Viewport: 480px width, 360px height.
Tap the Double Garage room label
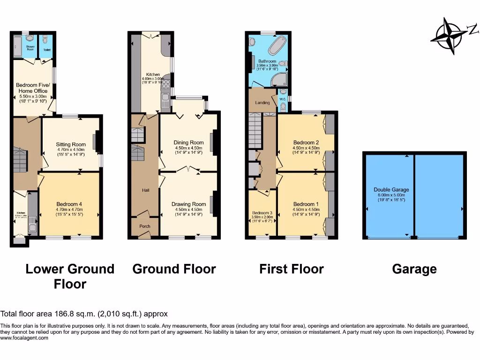(x=391, y=190)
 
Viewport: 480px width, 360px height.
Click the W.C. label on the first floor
(x=283, y=99)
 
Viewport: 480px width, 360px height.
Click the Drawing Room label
(x=189, y=204)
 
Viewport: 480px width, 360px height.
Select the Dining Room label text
(x=189, y=142)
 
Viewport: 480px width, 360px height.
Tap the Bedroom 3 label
(x=262, y=213)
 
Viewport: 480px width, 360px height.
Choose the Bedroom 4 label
(x=69, y=204)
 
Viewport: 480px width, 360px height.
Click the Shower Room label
(x=30, y=48)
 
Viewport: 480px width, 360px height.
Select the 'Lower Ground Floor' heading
(x=70, y=276)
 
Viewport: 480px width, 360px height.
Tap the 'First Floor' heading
(x=291, y=269)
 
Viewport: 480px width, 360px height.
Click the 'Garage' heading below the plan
(x=414, y=269)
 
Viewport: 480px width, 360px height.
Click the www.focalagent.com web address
(x=24, y=337)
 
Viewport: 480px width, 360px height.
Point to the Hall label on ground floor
(x=145, y=190)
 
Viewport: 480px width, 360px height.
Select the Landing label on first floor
(x=262, y=103)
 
